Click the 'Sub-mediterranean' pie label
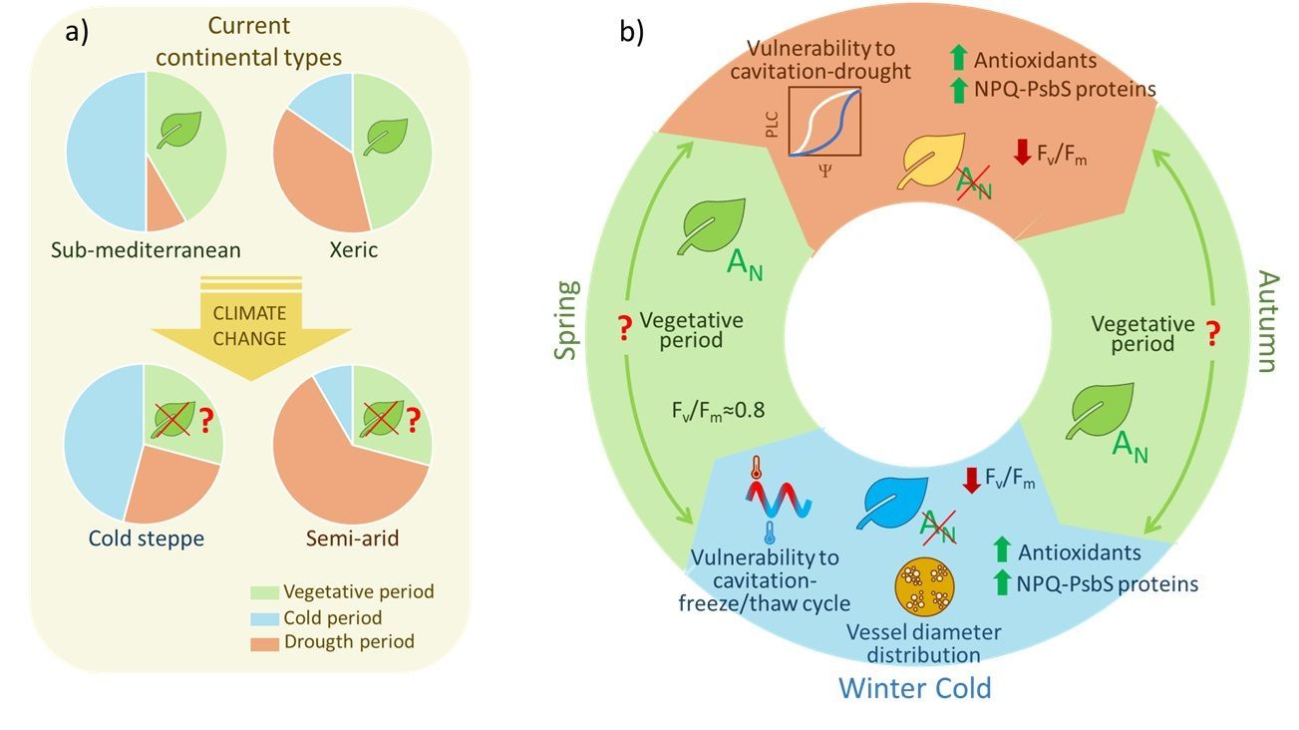(x=146, y=249)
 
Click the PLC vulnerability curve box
(x=823, y=123)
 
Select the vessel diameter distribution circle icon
(x=923, y=587)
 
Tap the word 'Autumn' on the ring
(x=1265, y=320)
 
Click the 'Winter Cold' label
(x=914, y=687)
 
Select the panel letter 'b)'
(x=632, y=32)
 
